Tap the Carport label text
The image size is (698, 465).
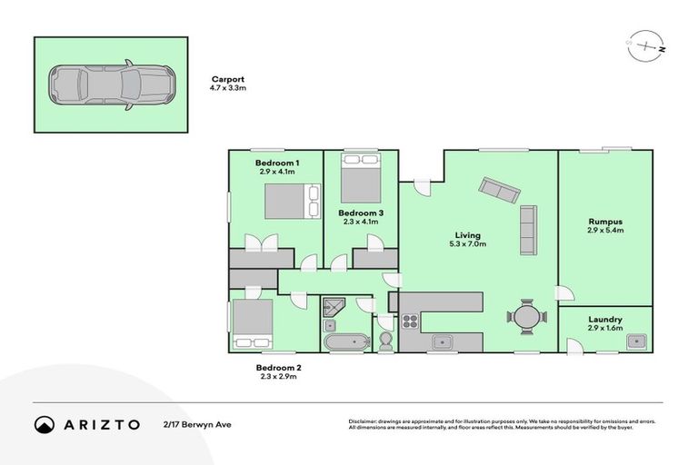point(227,79)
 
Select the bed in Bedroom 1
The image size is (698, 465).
point(291,201)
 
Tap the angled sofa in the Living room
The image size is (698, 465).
point(500,190)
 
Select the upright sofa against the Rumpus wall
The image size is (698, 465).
point(528,229)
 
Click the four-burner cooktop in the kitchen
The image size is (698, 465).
point(409,321)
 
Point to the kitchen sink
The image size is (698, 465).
point(443,341)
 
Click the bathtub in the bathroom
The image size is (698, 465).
point(345,342)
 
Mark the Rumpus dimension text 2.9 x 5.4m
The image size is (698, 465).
point(605,231)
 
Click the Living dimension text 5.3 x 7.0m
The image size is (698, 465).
point(469,244)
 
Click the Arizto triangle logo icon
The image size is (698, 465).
point(45,424)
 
